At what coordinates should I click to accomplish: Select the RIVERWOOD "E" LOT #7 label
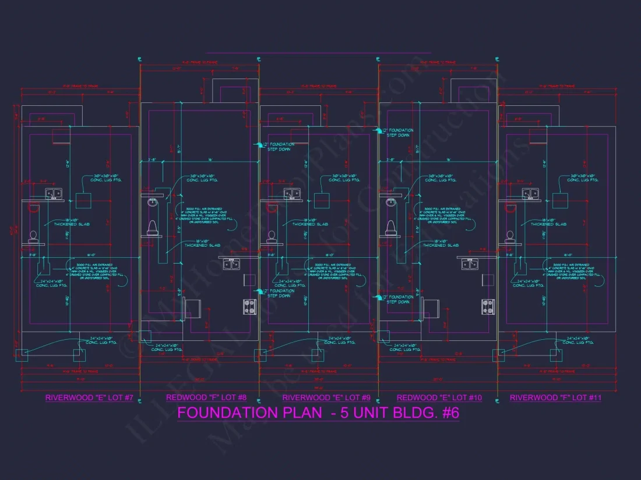pos(90,398)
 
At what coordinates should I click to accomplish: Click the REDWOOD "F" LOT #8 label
pos(206,398)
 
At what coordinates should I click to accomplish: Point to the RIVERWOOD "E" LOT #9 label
pos(326,398)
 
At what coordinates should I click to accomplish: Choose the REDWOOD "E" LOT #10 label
pos(439,398)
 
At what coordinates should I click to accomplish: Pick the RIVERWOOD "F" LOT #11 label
pos(555,398)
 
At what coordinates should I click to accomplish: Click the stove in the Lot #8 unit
pos(250,306)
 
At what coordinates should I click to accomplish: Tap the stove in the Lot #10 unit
pos(488,306)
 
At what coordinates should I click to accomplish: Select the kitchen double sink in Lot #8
pos(231,264)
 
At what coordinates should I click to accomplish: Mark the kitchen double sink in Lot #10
pos(470,264)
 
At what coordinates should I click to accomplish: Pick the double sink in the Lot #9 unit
pos(292,194)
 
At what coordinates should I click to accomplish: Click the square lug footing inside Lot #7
pos(83,200)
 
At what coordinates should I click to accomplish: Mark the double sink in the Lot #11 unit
pos(530,194)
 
